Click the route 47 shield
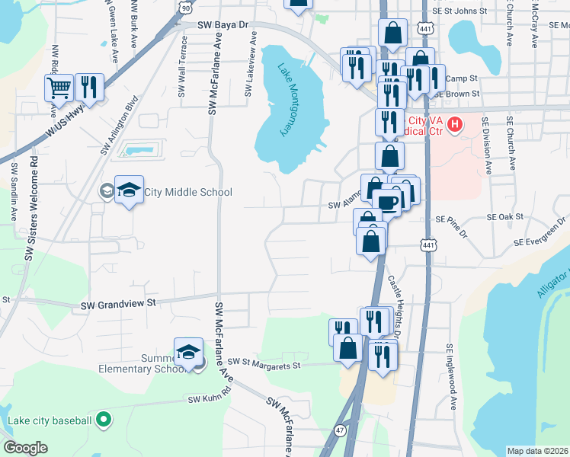340,430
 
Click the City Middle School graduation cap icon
129,190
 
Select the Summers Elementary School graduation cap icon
188,352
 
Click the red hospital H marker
455,123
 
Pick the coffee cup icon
386,202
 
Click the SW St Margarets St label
264,364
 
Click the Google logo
25,448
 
